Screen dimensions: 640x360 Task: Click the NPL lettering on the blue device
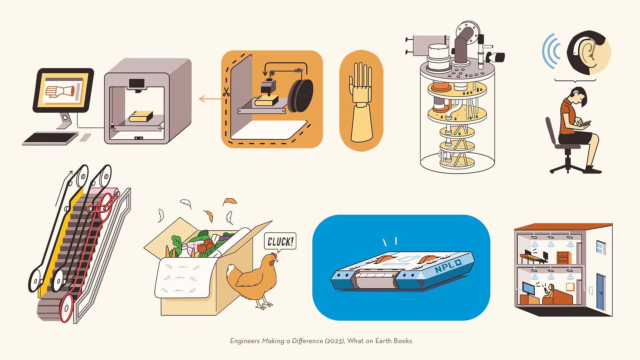coord(447,265)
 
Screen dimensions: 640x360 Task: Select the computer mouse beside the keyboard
coord(86,137)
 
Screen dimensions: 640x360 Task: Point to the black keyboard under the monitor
coord(50,138)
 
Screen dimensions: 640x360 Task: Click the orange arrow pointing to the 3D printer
coord(210,99)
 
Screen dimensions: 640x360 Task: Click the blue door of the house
coord(600,292)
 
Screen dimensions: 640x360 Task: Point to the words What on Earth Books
coord(380,341)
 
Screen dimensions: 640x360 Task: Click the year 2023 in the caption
coord(335,341)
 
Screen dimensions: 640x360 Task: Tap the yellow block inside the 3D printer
coord(141,116)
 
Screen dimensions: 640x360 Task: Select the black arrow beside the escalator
coord(64,188)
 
